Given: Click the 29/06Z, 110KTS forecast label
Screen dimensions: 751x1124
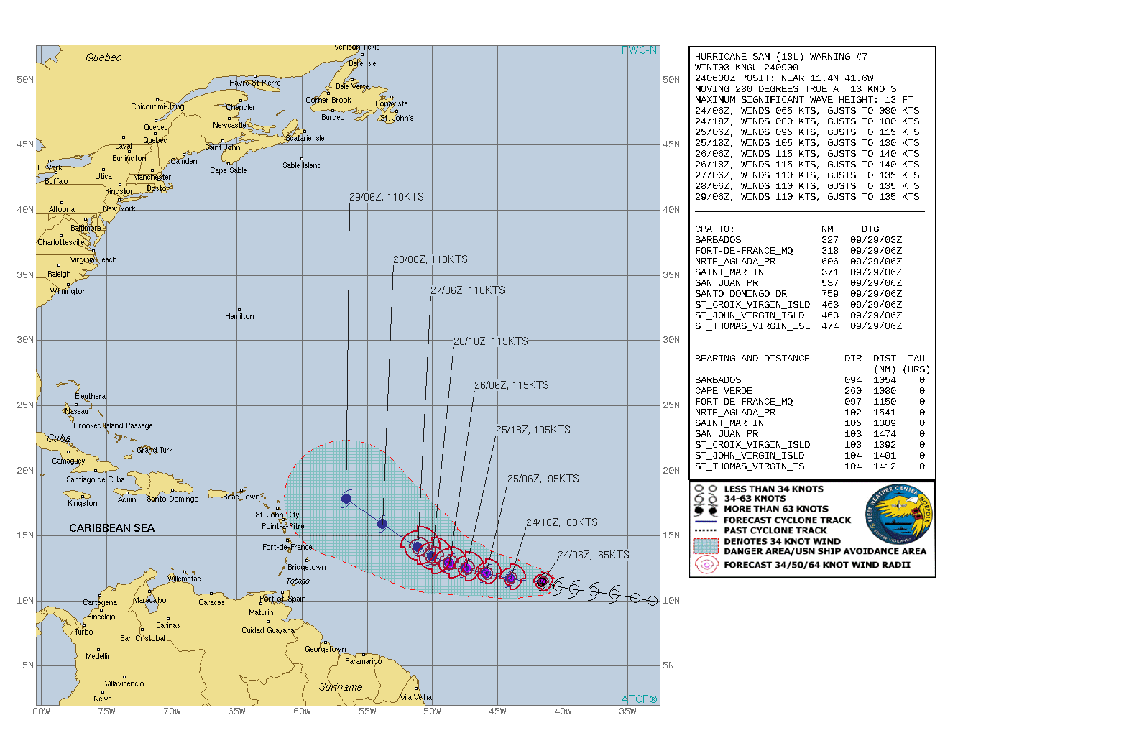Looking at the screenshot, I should pyautogui.click(x=387, y=197).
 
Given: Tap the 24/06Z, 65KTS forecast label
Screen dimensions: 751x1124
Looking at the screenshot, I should pyautogui.click(x=593, y=555).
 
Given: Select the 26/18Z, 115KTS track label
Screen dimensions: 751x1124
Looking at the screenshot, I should pyautogui.click(x=490, y=341).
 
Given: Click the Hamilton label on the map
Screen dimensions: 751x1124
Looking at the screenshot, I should pyautogui.click(x=239, y=316).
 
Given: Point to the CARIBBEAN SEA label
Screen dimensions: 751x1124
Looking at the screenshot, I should pyautogui.click(x=111, y=528).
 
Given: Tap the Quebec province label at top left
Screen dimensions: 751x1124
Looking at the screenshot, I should pyautogui.click(x=103, y=57).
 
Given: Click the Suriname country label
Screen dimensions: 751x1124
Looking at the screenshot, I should pyautogui.click(x=341, y=687).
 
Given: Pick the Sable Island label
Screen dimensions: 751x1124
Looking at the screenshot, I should pyautogui.click(x=302, y=165).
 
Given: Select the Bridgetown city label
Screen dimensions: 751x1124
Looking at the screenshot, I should pyautogui.click(x=306, y=567).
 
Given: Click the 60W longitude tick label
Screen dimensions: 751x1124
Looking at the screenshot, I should pyautogui.click(x=302, y=711).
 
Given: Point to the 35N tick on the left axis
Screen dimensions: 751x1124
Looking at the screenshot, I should pyautogui.click(x=25, y=275).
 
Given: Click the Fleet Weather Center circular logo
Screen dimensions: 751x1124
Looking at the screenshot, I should pyautogui.click(x=898, y=515).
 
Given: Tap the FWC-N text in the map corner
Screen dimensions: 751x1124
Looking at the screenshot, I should pyautogui.click(x=639, y=50).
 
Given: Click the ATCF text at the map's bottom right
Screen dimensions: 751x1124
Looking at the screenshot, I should pyautogui.click(x=639, y=699).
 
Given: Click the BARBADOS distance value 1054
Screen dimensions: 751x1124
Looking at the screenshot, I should pyautogui.click(x=884, y=380).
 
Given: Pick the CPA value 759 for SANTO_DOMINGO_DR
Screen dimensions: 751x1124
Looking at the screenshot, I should pyautogui.click(x=829, y=294).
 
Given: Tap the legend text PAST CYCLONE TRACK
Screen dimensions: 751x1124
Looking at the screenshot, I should pyautogui.click(x=775, y=530).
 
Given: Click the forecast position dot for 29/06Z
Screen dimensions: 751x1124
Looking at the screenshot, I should pyautogui.click(x=346, y=499).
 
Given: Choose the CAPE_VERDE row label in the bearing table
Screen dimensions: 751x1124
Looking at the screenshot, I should pyautogui.click(x=723, y=391).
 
